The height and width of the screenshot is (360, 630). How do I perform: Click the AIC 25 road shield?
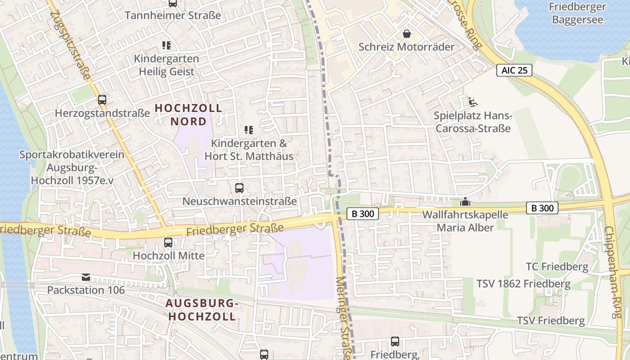click(x=514, y=70)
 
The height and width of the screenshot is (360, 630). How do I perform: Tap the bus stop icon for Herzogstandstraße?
click(x=102, y=100)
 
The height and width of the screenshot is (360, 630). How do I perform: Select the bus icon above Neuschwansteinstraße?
click(x=239, y=188)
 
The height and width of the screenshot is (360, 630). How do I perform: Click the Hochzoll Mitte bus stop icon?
click(x=168, y=243)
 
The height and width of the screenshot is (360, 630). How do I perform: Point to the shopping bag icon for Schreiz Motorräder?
click(x=407, y=34)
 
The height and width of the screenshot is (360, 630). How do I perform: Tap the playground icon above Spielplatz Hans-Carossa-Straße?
click(x=472, y=102)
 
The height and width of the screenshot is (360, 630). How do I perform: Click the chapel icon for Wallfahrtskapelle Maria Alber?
click(x=465, y=202)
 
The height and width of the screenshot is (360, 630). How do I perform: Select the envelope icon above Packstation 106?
click(x=85, y=277)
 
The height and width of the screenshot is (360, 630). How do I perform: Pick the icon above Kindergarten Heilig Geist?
click(x=166, y=45)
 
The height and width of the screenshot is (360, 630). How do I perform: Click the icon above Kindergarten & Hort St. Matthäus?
click(x=249, y=130)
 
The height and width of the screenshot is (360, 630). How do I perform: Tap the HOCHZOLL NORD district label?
click(x=189, y=115)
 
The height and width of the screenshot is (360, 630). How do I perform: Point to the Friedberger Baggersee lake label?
click(x=577, y=13)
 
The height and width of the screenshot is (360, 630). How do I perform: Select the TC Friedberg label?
click(x=557, y=267)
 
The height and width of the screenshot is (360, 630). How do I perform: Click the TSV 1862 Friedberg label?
click(x=523, y=284)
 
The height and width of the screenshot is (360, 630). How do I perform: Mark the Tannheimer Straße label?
click(x=173, y=15)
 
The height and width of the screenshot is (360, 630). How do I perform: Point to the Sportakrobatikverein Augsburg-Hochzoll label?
click(x=72, y=167)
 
